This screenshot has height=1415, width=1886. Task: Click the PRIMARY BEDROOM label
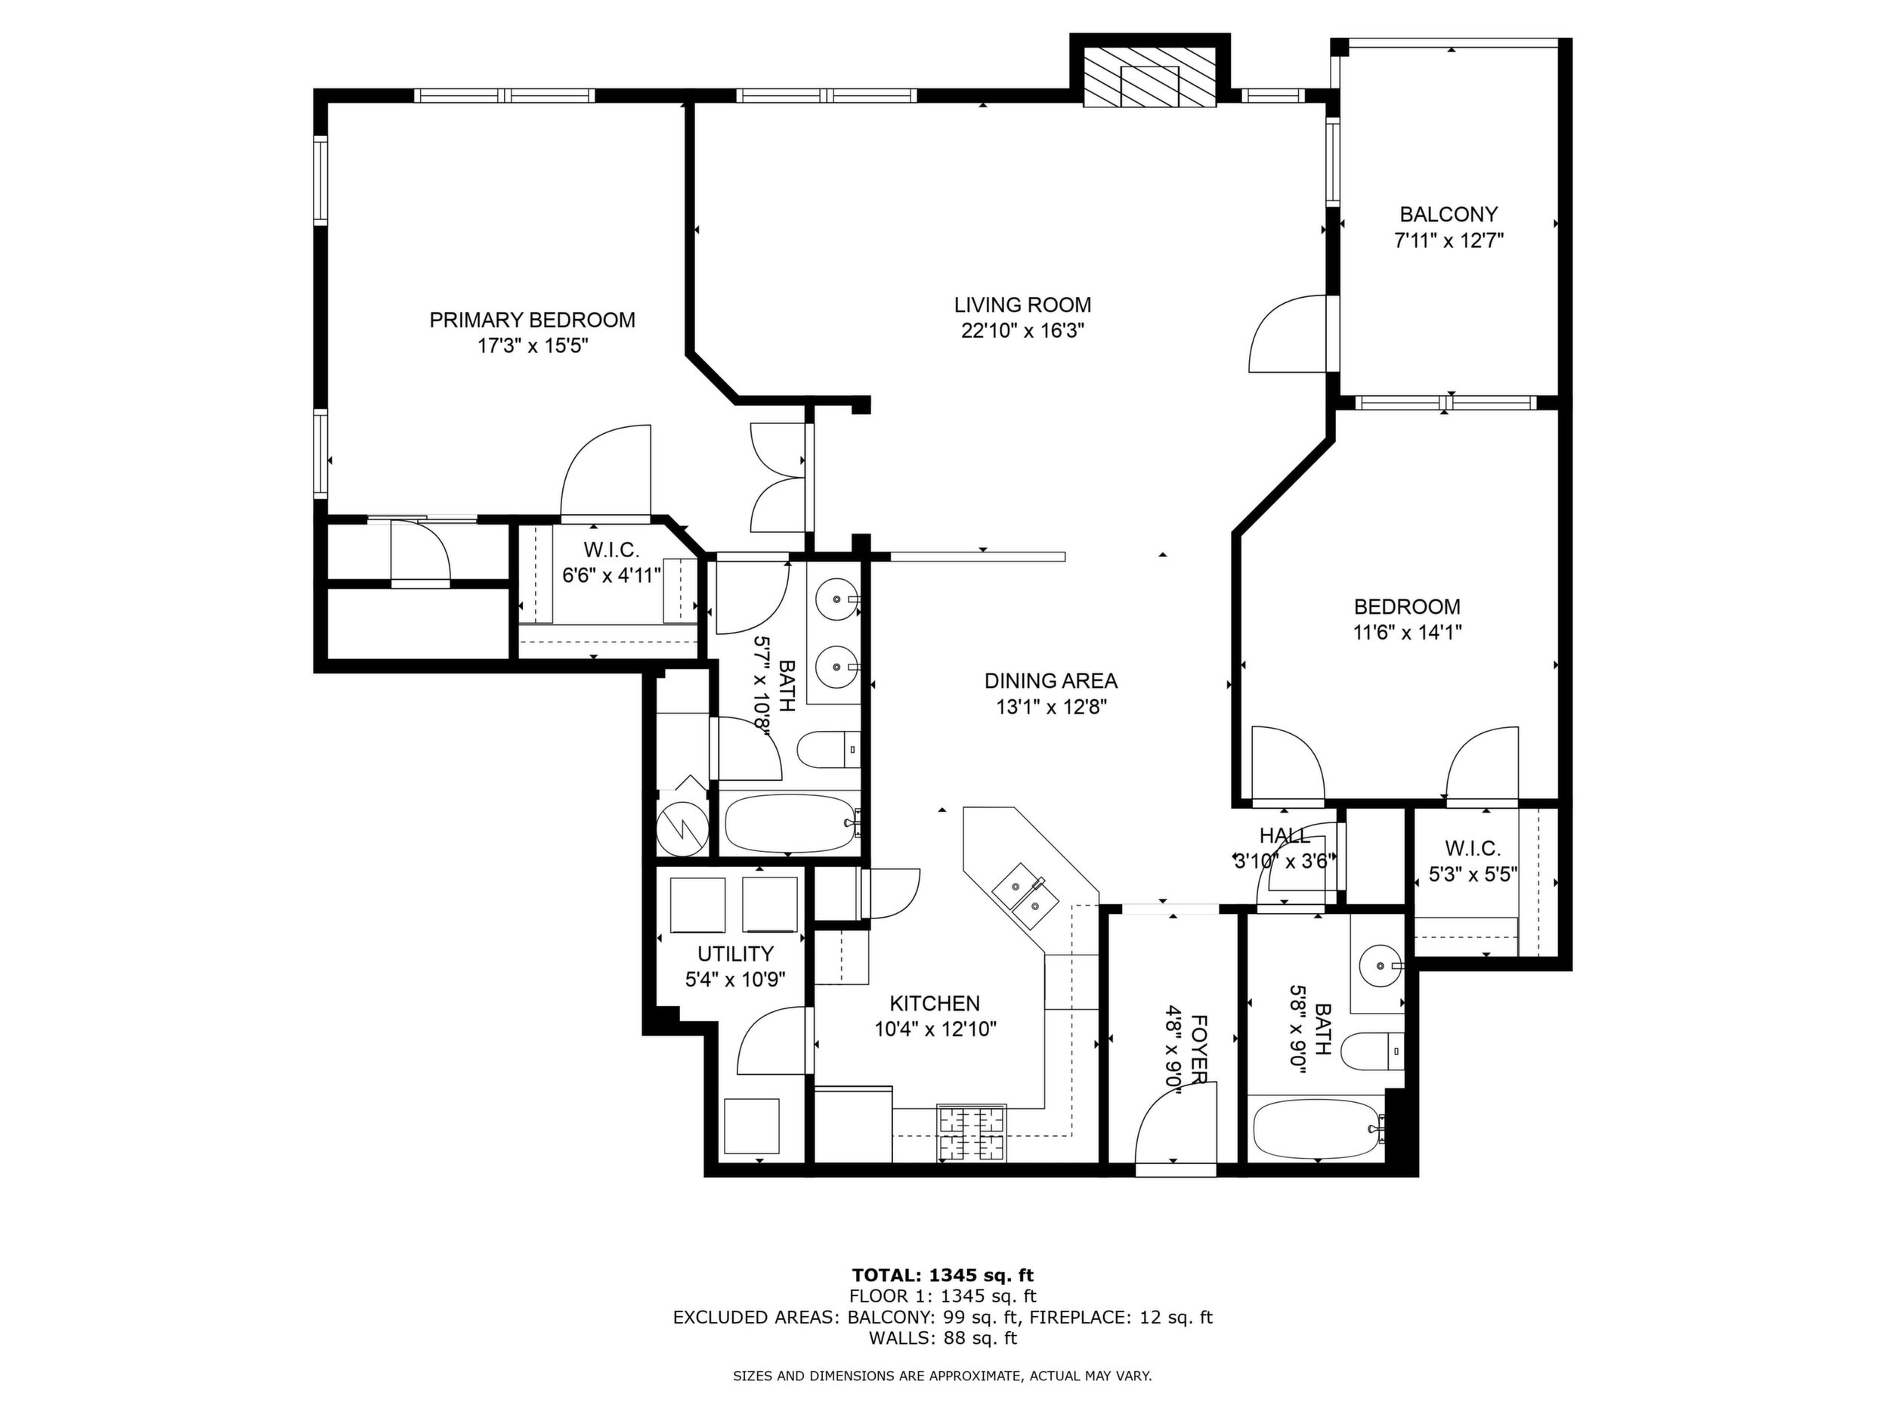(532, 320)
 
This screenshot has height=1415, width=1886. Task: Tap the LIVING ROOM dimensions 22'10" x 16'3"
(1022, 331)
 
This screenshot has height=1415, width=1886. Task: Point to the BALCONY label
(1449, 214)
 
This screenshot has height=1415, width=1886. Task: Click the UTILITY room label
(735, 954)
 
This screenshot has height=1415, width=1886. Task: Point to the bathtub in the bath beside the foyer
(1317, 1129)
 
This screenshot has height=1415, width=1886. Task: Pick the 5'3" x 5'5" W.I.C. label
(1473, 862)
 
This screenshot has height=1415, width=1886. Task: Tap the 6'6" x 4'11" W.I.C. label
(611, 562)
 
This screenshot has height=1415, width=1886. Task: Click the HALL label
(1284, 835)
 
